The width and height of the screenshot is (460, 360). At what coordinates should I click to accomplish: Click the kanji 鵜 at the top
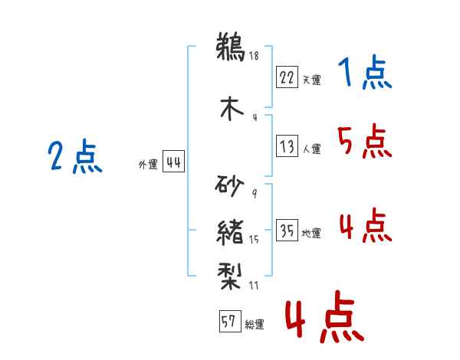coord(231,47)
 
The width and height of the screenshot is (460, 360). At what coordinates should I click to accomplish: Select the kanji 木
coord(232,109)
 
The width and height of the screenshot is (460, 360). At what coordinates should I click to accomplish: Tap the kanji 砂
coord(229,186)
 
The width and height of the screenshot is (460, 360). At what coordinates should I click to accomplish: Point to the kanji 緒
coord(230,233)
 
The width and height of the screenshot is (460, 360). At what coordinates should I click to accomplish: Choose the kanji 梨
coord(230,277)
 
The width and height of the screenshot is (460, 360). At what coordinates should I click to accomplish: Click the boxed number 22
coord(287,77)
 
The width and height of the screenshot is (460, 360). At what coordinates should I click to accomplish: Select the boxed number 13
coord(287,146)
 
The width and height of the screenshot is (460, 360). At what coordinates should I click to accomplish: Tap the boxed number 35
coord(287,230)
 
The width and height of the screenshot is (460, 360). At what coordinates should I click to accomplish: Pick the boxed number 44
coord(173,162)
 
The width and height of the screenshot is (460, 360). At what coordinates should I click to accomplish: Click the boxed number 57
coord(230,321)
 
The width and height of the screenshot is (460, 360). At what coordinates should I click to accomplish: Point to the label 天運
coord(312,80)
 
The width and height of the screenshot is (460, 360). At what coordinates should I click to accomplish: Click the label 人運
coord(312,149)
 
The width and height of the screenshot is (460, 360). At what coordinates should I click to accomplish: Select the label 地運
coord(311,234)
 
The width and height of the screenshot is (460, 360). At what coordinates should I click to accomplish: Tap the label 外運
coord(148,165)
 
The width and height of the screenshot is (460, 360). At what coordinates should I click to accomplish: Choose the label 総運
coord(255,325)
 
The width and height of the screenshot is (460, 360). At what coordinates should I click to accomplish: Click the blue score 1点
coord(365,72)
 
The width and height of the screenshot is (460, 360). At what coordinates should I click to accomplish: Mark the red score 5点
coord(365,141)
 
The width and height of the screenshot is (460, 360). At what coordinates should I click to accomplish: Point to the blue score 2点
coord(75,156)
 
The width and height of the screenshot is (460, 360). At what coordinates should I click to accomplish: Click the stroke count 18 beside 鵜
coord(254,56)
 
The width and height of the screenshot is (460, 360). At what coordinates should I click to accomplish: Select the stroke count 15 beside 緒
coord(254,240)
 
